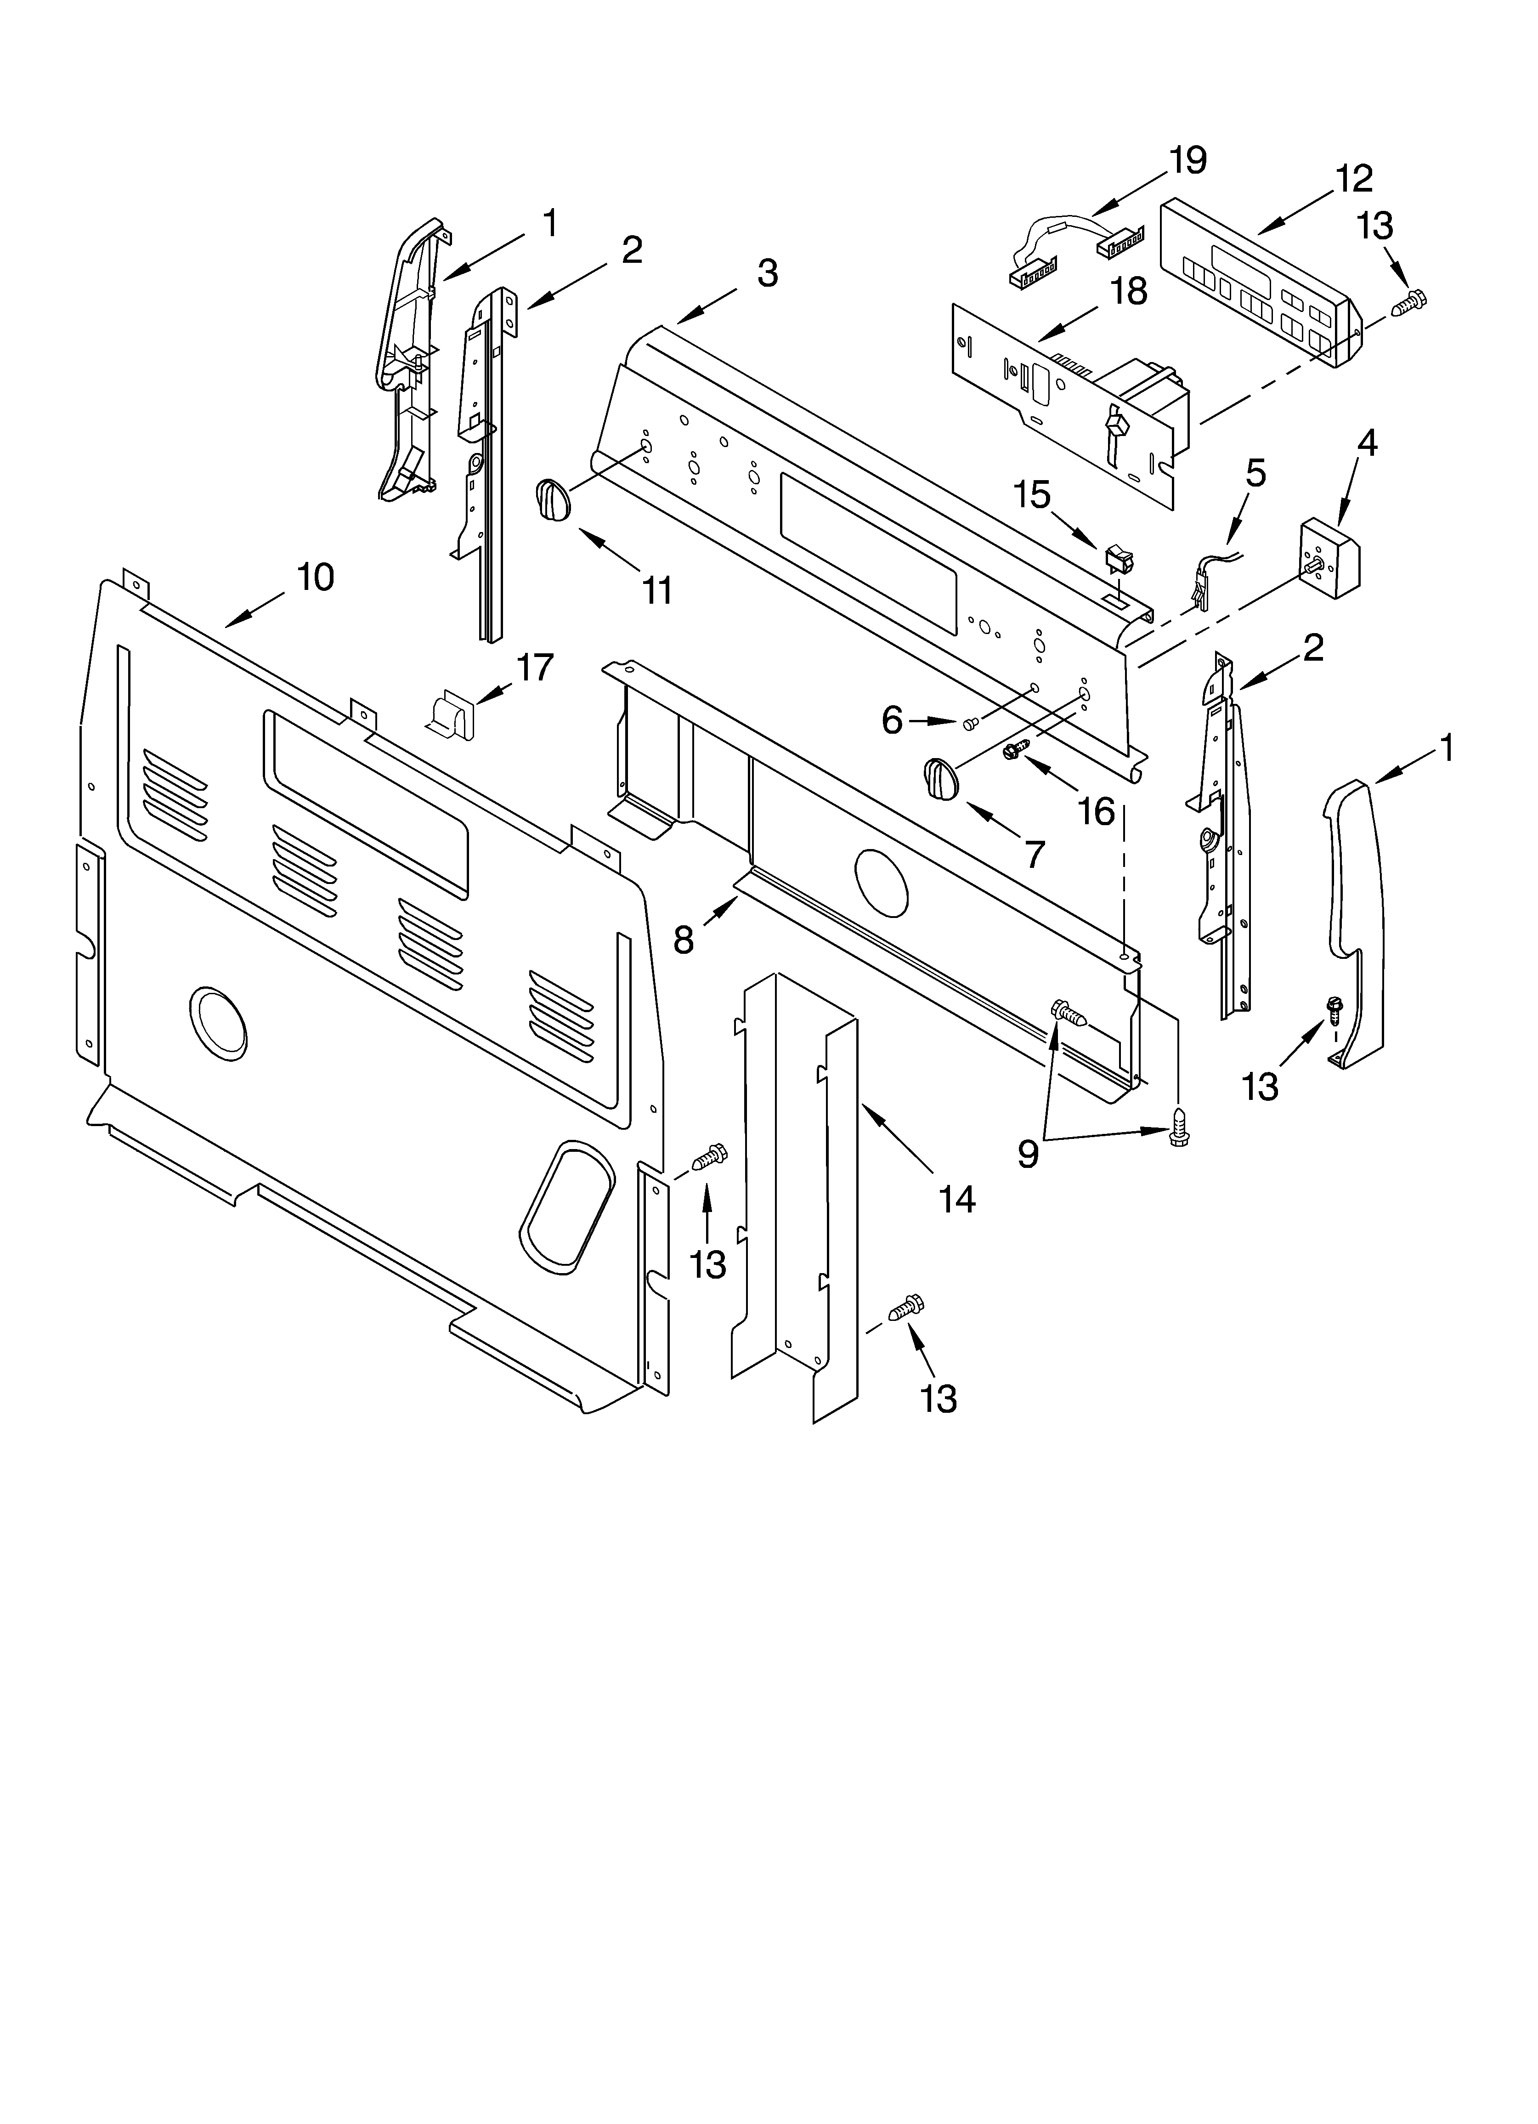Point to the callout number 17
[536, 668]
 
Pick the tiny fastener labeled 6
[970, 722]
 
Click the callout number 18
[1130, 291]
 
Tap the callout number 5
[1255, 474]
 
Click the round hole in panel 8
[882, 881]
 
